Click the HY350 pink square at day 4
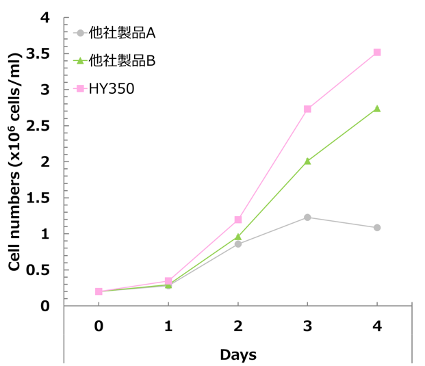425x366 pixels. click(x=377, y=53)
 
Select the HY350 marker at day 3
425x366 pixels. click(x=307, y=109)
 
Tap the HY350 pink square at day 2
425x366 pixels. click(x=238, y=220)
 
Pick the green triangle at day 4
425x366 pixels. click(x=377, y=109)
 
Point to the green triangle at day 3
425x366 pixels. click(x=307, y=161)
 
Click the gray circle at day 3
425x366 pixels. click(x=307, y=218)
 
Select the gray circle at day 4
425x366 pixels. click(x=377, y=228)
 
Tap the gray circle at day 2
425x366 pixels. click(x=238, y=244)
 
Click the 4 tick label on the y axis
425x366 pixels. click(x=46, y=18)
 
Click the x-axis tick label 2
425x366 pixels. click(x=238, y=327)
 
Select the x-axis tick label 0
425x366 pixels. click(x=99, y=327)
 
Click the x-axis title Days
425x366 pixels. click(x=238, y=354)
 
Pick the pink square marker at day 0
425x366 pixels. click(x=99, y=291)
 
